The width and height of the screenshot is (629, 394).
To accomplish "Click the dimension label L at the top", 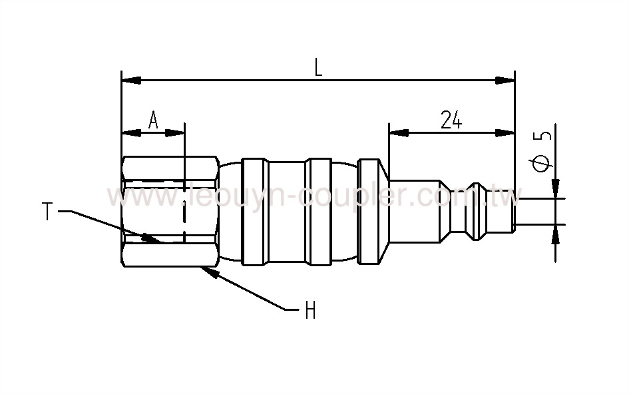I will tap(318, 68).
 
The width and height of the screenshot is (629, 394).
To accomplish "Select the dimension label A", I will tap(152, 120).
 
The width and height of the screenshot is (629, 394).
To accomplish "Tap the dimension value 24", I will tap(451, 120).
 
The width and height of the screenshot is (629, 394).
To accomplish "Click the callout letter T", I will tap(47, 212).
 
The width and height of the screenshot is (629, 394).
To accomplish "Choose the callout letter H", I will tap(310, 310).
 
